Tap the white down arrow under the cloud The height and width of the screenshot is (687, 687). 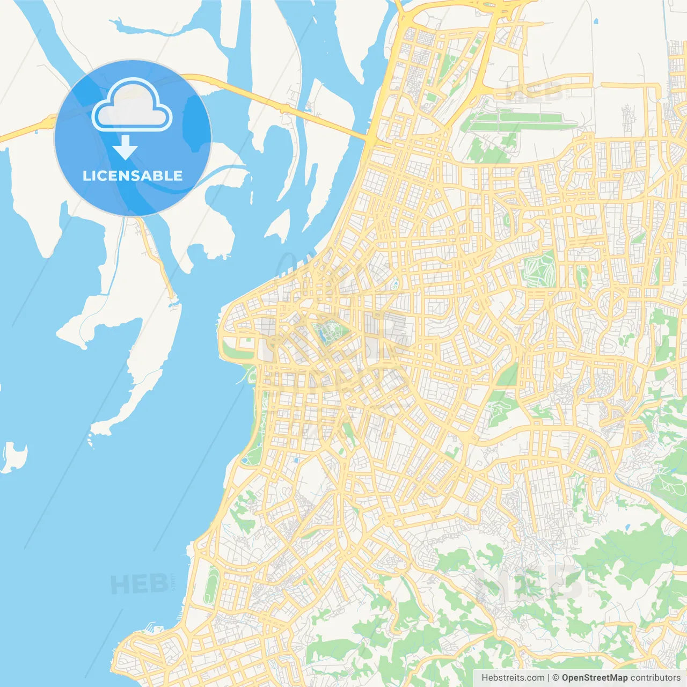pyautogui.click(x=125, y=148)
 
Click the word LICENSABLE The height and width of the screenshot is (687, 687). pyautogui.click(x=133, y=176)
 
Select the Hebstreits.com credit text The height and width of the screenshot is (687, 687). pyautogui.click(x=513, y=678)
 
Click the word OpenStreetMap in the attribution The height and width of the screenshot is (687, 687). pyautogui.click(x=594, y=678)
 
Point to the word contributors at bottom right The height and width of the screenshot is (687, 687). pyautogui.click(x=655, y=678)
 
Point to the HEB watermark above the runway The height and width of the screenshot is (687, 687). pyautogui.click(x=534, y=92)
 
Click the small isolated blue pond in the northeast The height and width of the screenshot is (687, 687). pyautogui.click(x=596, y=22)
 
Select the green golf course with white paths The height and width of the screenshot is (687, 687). pyautogui.click(x=539, y=269)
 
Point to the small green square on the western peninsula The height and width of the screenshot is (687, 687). pyautogui.click(x=247, y=340)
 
